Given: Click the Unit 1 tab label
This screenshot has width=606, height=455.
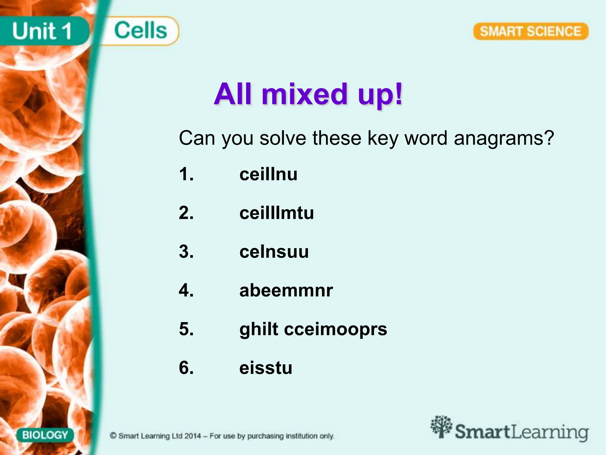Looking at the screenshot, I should [x=42, y=31].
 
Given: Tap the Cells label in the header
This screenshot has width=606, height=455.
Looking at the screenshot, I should [x=141, y=31].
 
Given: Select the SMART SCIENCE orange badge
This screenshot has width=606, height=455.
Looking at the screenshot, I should [x=531, y=31].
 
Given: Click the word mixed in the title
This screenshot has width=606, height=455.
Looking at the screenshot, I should [x=305, y=94].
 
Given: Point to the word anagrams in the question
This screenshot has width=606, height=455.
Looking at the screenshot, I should [x=504, y=138].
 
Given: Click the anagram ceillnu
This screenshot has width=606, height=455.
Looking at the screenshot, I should [x=268, y=174].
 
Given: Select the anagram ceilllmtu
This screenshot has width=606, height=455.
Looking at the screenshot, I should [x=277, y=213].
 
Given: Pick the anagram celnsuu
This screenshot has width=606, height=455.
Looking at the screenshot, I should [x=274, y=252].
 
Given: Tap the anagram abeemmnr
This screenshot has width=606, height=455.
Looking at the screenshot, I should [x=286, y=291].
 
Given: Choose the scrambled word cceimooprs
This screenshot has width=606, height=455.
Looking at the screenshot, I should [x=336, y=329].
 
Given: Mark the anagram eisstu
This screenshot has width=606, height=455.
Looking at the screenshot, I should [x=266, y=368].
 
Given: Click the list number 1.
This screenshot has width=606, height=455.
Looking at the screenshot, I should [x=186, y=174].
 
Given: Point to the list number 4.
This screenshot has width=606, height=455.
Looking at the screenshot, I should [x=186, y=291].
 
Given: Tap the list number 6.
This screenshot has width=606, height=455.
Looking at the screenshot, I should [x=186, y=368].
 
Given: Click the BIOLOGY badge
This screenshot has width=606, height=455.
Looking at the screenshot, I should [x=45, y=435].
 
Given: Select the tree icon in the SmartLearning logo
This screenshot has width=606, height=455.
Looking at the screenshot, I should [x=441, y=427].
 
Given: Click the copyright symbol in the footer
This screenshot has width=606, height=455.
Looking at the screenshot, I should [x=113, y=436].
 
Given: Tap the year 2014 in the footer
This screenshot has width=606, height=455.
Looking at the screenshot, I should [x=193, y=436].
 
